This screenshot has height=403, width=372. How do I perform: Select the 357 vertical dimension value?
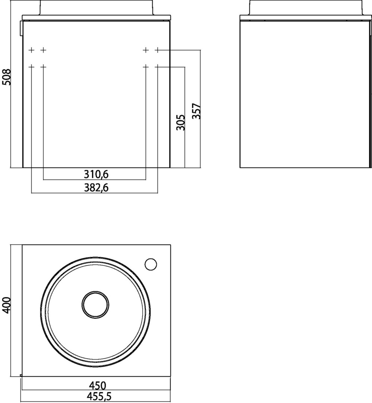(x=196, y=111)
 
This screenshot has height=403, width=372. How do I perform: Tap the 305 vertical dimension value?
(x=181, y=123)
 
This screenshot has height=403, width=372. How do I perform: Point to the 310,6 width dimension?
(x=96, y=175)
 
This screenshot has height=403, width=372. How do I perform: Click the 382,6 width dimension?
(x=96, y=188)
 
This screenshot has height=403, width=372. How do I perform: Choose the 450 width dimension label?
(x=97, y=385)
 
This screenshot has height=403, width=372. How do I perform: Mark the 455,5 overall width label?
(x=99, y=397)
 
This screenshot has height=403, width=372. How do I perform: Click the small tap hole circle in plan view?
(x=151, y=264)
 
